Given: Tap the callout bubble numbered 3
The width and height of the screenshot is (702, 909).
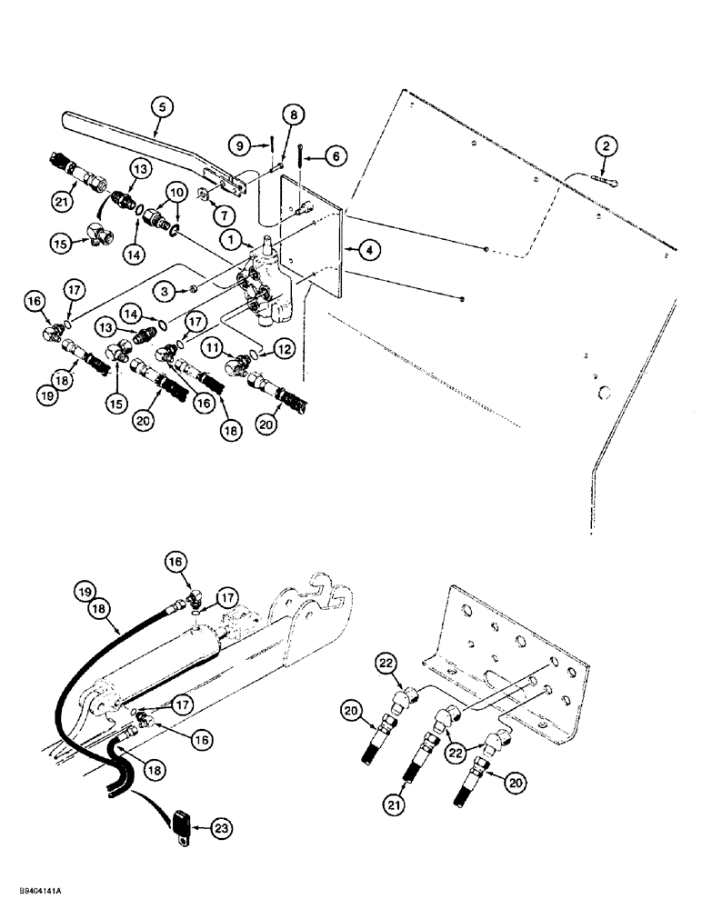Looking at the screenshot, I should point(165,290).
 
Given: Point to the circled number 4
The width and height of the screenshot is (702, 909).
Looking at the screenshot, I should point(369,247).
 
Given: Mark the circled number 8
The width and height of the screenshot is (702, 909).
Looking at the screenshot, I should point(291,115).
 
